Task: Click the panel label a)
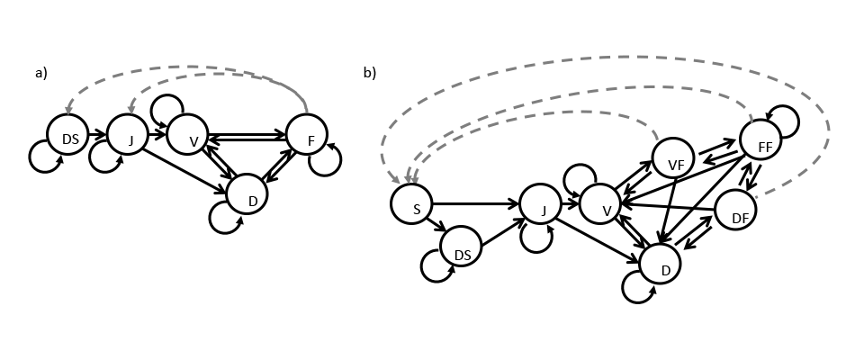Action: pyautogui.click(x=40, y=74)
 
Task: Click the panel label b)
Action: pyautogui.click(x=369, y=74)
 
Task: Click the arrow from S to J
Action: pyautogui.click(x=477, y=204)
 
